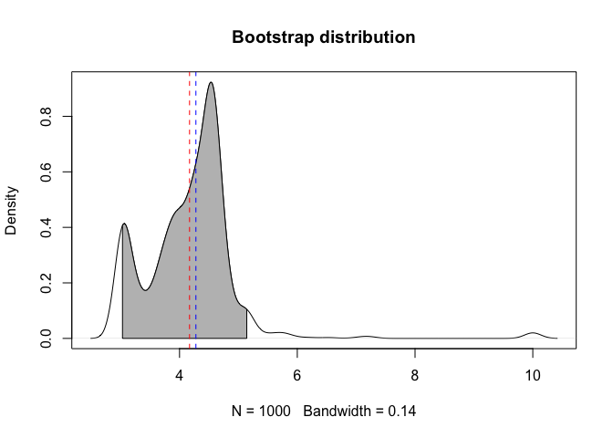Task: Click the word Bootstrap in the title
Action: click(x=271, y=38)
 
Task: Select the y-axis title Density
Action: click(x=13, y=211)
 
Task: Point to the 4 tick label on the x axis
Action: click(x=180, y=374)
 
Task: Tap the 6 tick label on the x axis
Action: click(x=297, y=374)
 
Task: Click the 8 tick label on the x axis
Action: click(x=415, y=374)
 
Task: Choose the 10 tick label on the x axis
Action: click(x=533, y=374)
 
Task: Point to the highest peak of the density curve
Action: click(x=212, y=82)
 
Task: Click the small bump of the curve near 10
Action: click(x=533, y=333)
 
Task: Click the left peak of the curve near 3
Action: click(x=124, y=224)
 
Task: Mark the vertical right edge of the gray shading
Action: click(x=246, y=324)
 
